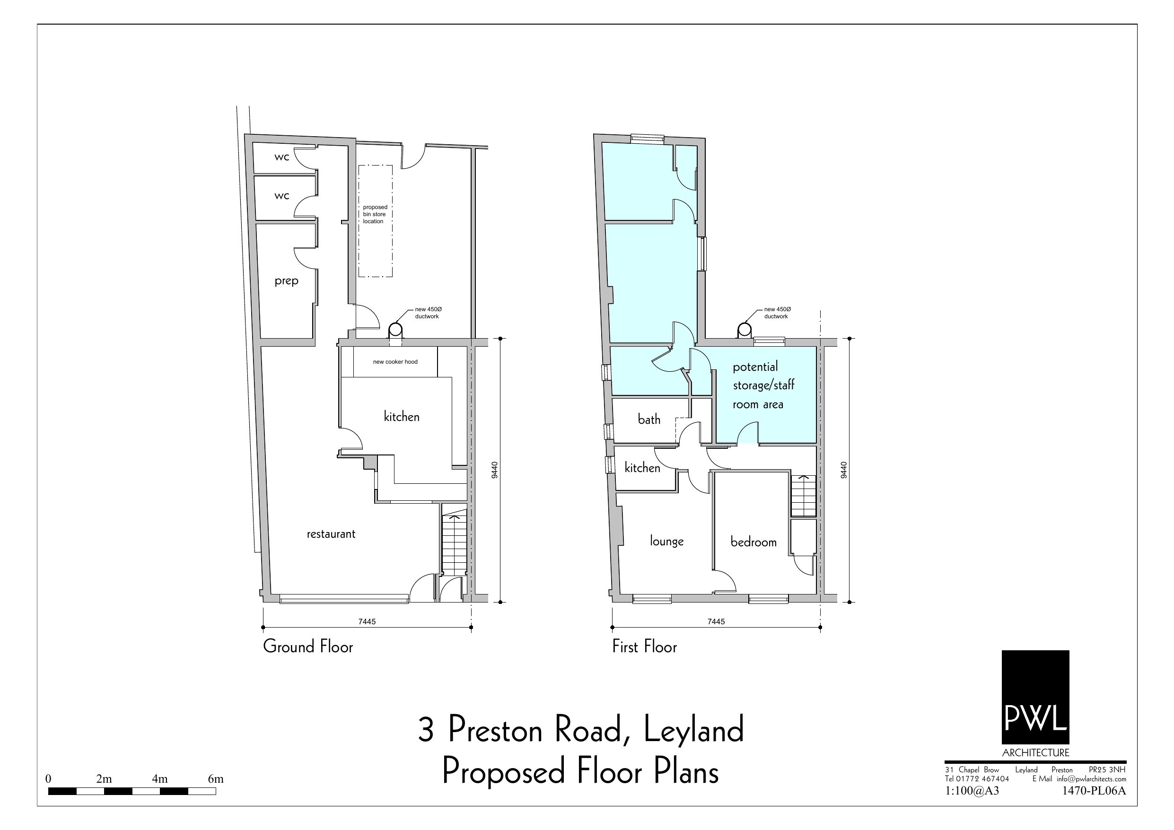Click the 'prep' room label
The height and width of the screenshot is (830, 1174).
[x=286, y=281]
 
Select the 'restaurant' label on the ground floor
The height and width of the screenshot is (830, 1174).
[x=331, y=534]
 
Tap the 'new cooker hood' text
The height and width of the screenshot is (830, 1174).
[x=395, y=362]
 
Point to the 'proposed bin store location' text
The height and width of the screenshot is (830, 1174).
[x=375, y=214]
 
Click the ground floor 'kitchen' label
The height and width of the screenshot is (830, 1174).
[x=402, y=417]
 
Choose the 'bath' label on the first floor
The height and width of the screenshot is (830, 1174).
[x=649, y=420]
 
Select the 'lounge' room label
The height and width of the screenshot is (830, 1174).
[x=667, y=541]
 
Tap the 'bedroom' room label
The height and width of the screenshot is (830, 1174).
[x=753, y=542]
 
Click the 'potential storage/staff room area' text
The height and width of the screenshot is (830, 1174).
[x=763, y=385]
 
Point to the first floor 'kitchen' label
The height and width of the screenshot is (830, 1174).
[x=642, y=468]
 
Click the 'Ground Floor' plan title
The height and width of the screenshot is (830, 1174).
[x=308, y=647]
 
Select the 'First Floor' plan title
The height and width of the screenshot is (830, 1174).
[x=644, y=647]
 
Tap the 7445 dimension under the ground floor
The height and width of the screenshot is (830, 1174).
[x=367, y=622]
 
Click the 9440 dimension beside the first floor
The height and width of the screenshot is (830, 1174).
[x=844, y=470]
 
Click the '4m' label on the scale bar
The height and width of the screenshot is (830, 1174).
[x=159, y=779]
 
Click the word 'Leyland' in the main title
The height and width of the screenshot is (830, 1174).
[x=693, y=730]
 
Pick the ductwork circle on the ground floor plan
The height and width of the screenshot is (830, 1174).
[x=396, y=328]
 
